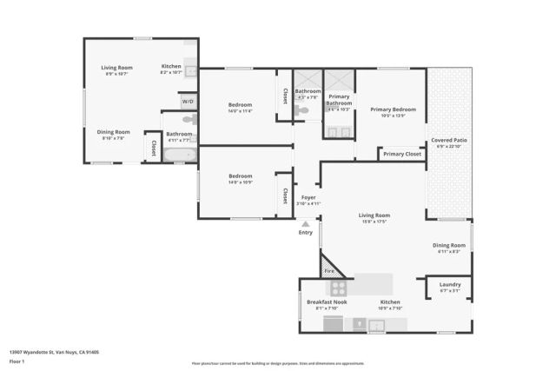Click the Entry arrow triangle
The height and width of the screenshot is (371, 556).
coord(305,223)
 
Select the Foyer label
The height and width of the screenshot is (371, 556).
coord(308,197)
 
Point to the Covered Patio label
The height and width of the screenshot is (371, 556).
coord(448,141)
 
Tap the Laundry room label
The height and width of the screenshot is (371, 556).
coord(450,284)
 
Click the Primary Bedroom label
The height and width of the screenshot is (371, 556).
coord(393,109)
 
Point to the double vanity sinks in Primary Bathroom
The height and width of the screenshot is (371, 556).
coord(339,133)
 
